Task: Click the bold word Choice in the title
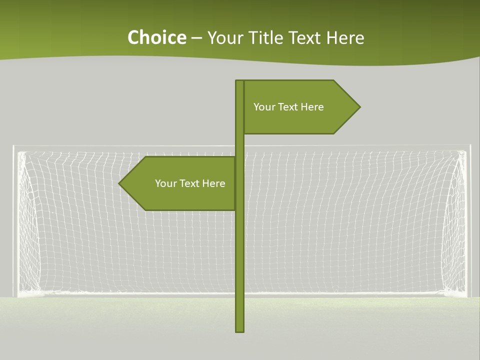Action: (x=156, y=37)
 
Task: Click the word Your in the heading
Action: (x=224, y=37)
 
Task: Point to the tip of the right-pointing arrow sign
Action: (x=359, y=106)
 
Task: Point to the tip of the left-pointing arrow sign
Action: (x=119, y=183)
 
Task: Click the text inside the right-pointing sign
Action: (x=288, y=107)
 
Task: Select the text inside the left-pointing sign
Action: (x=190, y=183)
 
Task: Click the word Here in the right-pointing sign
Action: (x=312, y=107)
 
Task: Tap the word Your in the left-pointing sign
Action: (x=165, y=183)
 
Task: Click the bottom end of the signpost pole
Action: (x=240, y=330)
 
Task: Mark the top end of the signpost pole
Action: (x=240, y=81)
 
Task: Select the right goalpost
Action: (x=468, y=220)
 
